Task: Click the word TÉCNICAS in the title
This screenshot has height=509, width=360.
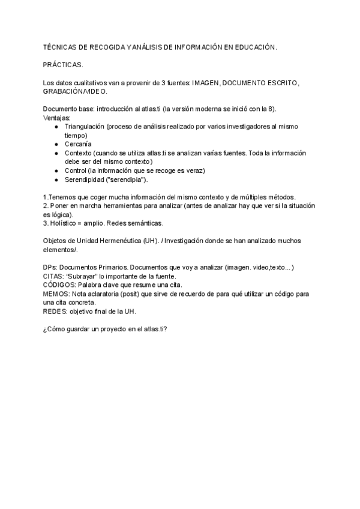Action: pos(59,46)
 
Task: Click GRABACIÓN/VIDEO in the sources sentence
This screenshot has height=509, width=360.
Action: pos(75,91)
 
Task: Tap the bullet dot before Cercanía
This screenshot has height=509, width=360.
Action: pos(56,144)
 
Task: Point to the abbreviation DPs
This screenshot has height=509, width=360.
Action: pos(50,267)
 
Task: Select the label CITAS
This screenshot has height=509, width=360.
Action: pos(54,276)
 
